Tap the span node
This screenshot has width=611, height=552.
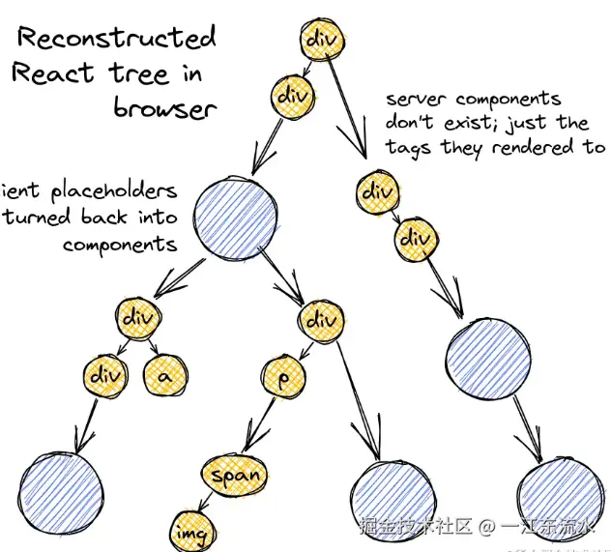pos(232,475)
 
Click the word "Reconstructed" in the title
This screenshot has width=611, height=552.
pos(116,39)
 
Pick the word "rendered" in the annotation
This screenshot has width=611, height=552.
pos(531,148)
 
